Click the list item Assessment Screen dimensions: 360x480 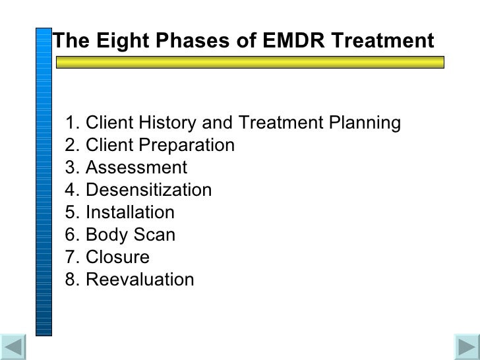click(136, 167)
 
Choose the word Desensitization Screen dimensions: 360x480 click(148, 190)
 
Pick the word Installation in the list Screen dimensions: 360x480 click(130, 212)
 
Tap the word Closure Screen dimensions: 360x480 click(117, 257)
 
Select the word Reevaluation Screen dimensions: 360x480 click(140, 280)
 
